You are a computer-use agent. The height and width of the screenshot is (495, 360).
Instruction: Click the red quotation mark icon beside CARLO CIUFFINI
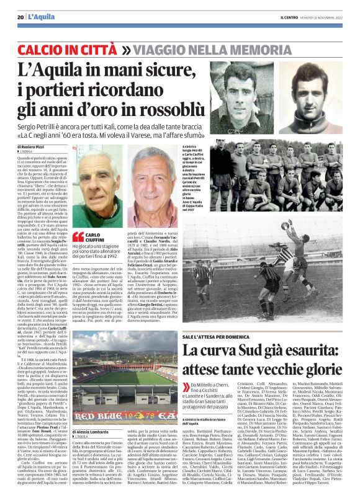78,235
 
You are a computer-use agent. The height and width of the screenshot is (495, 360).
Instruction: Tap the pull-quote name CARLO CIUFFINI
92,237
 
